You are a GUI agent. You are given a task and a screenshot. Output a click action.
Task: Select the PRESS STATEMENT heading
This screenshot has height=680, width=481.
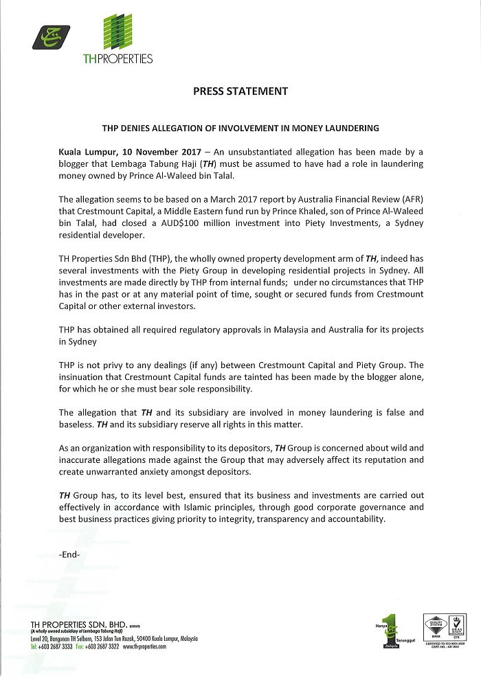(x=240, y=91)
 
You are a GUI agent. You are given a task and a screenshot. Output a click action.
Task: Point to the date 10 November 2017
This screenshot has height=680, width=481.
(x=164, y=150)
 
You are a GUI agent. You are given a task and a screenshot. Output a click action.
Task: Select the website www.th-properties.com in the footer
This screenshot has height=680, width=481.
(x=144, y=647)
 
